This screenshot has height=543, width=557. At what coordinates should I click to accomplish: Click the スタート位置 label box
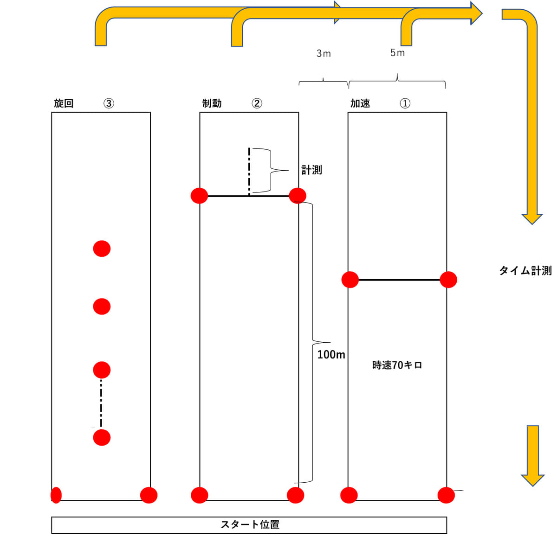coord(249,525)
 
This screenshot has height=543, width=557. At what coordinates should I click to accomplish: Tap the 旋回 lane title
coord(64,103)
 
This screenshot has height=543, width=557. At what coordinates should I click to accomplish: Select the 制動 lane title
coord(212,103)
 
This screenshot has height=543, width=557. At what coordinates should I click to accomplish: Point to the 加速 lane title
coord(360,103)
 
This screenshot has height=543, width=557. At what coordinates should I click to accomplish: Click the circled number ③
coord(109,103)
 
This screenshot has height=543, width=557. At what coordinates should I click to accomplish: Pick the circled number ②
coord(257,103)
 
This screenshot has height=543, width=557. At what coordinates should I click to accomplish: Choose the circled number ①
coord(405,103)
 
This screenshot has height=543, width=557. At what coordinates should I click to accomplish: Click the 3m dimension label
coord(324,54)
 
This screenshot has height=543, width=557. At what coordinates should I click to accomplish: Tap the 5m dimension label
coord(397,53)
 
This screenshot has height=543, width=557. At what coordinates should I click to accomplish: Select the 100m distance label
coord(331,355)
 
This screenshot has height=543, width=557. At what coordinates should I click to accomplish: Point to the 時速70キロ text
coord(397,365)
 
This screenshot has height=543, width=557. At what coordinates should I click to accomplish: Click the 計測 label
coord(311,170)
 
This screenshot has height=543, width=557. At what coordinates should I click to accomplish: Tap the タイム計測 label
coord(525,271)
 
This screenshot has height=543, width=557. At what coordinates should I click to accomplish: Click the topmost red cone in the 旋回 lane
coord(102,249)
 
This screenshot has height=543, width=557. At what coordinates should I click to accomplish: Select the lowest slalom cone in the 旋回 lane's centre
coord(102,437)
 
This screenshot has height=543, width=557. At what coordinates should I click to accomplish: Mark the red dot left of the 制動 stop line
coord(199,196)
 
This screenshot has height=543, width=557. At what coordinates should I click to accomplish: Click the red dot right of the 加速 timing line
coord(448,280)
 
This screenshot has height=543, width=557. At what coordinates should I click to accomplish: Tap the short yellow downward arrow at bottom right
coord(532,454)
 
